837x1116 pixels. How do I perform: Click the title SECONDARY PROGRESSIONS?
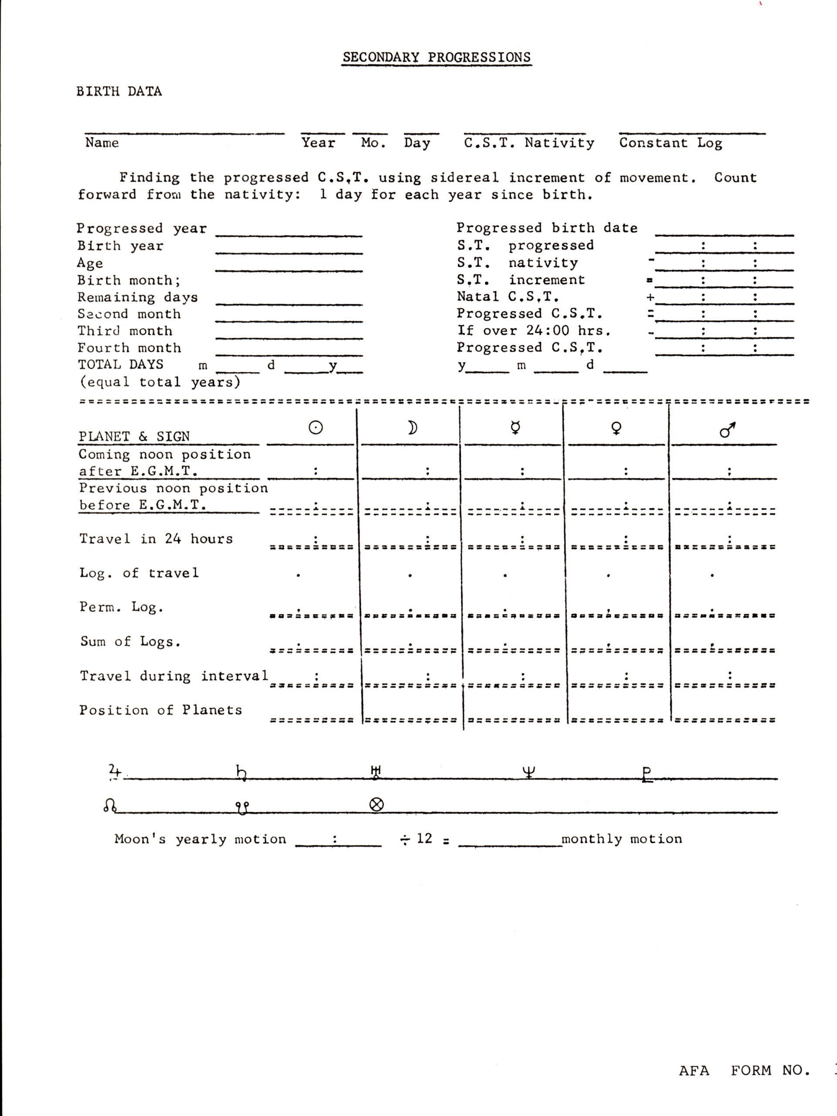436,57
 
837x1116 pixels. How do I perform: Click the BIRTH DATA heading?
119,91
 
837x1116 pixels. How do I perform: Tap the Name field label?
102,143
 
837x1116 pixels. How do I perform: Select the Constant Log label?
670,143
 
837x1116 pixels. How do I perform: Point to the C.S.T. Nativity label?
529,143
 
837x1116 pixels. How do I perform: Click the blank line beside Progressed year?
289,233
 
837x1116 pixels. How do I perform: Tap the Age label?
90,263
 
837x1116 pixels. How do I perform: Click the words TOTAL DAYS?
121,364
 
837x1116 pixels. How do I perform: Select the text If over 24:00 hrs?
534,330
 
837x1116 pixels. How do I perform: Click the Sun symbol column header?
315,428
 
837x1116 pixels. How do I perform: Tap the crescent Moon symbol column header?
412,428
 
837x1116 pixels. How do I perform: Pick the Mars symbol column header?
727,429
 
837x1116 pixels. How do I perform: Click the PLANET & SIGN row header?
134,436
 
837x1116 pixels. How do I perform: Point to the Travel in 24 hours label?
156,539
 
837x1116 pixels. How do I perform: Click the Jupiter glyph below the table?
115,771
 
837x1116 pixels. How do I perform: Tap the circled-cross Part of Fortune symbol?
376,804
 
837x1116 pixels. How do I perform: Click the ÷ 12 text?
416,838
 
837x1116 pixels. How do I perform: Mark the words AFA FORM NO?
744,1070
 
